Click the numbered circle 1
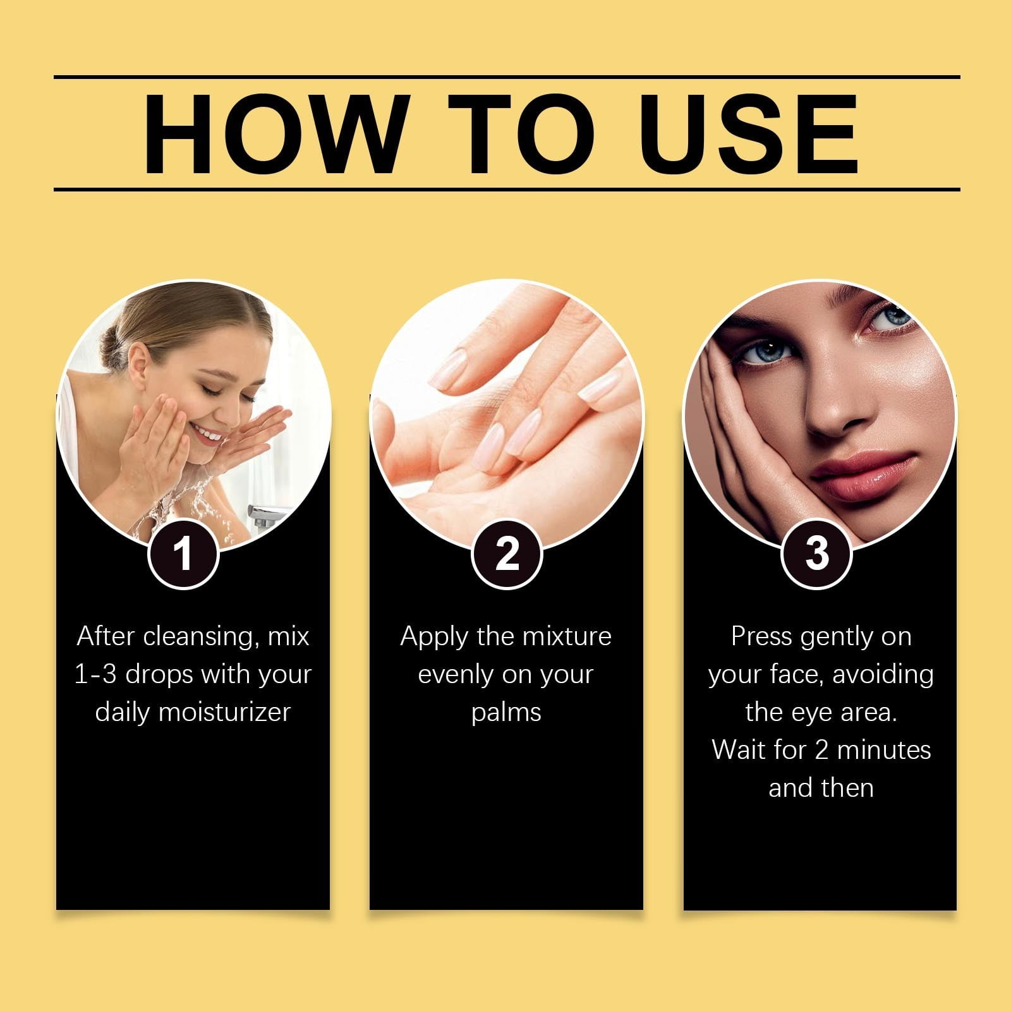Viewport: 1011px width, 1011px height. click(183, 554)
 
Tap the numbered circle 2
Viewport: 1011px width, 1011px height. click(507, 554)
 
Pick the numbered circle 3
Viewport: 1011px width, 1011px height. click(817, 554)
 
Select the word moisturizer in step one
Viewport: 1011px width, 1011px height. click(224, 712)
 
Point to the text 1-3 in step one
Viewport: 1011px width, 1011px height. click(95, 675)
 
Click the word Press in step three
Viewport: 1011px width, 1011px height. click(762, 637)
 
